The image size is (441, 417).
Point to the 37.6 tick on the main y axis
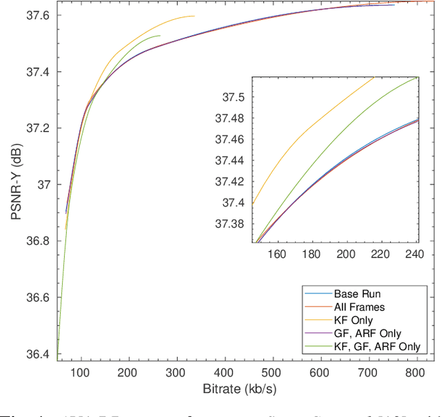pos(38,15)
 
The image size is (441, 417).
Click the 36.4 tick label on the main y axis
pos(38,354)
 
